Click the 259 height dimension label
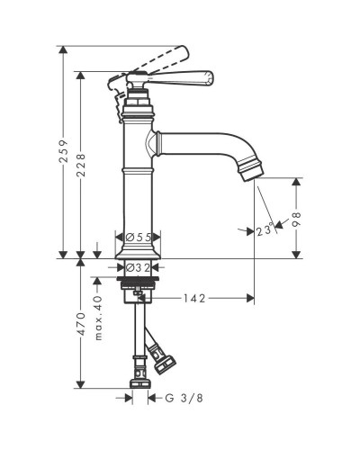(x=64, y=151)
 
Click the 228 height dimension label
(x=80, y=165)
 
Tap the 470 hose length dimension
(x=80, y=324)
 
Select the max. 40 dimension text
(x=98, y=318)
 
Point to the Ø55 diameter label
(x=139, y=238)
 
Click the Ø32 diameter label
(x=138, y=267)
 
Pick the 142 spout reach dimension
(x=194, y=298)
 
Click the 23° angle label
(x=265, y=230)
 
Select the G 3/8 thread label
(x=184, y=398)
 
